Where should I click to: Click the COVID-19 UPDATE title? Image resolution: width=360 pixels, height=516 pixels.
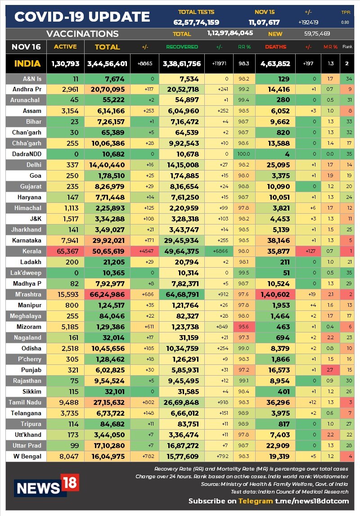pyautogui.click(x=82, y=17)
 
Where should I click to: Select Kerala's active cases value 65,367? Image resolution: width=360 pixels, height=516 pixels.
pyautogui.click(x=66, y=251)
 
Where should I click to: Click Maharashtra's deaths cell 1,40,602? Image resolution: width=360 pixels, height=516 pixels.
pyautogui.click(x=275, y=294)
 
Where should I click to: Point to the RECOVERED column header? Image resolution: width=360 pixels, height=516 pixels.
pyautogui.click(x=182, y=47)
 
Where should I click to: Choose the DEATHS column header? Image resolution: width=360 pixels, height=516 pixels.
pyautogui.click(x=275, y=47)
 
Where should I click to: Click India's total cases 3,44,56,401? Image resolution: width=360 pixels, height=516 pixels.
pyautogui.click(x=107, y=64)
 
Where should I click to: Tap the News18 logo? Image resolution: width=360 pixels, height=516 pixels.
pyautogui.click(x=46, y=485)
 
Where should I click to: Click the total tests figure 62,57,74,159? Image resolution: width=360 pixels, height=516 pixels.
pyautogui.click(x=196, y=22)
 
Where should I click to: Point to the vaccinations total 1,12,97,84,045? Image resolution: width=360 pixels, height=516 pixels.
pyautogui.click(x=230, y=33)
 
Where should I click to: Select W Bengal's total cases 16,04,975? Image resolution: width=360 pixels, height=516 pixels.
pyautogui.click(x=107, y=456)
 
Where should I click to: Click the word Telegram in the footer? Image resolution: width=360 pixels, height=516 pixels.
pyautogui.click(x=256, y=501)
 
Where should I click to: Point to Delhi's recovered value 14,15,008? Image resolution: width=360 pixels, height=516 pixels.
pyautogui.click(x=181, y=165)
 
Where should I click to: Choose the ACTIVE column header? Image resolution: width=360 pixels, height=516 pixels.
pyautogui.click(x=65, y=47)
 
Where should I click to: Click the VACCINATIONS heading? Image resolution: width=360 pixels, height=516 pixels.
pyautogui.click(x=82, y=34)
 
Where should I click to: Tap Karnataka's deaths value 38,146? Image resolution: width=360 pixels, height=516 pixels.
pyautogui.click(x=275, y=240)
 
